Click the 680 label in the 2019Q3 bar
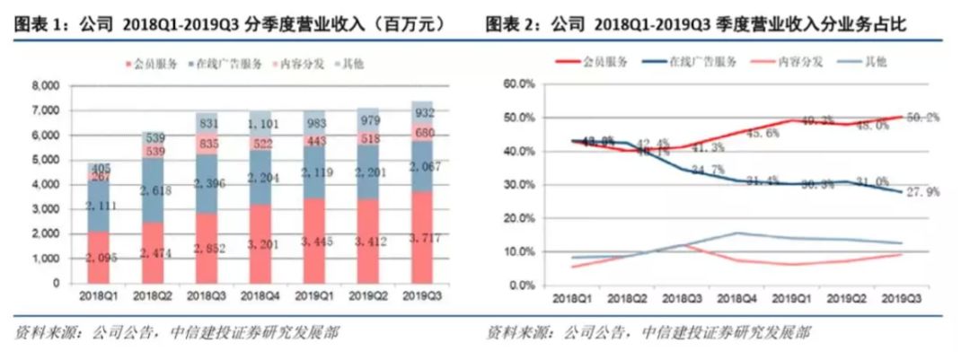click(417, 132)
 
